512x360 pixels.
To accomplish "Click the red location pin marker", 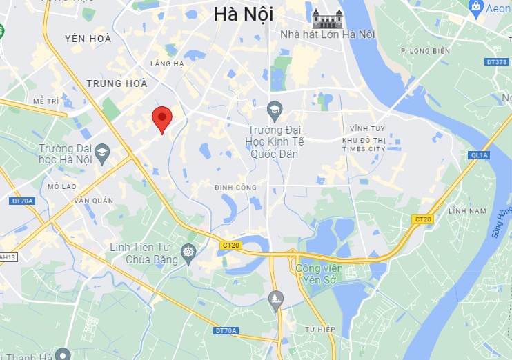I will (x=161, y=119).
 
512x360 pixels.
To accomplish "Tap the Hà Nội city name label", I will (x=243, y=14).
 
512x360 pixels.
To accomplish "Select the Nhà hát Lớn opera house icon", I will (x=324, y=18).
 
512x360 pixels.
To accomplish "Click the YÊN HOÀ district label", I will (x=88, y=39).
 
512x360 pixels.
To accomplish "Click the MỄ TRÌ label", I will (x=46, y=101).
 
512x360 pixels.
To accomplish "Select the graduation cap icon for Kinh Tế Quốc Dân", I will (x=275, y=109).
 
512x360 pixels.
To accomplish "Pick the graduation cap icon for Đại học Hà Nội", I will (x=102, y=152).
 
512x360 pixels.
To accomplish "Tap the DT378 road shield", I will (x=496, y=61).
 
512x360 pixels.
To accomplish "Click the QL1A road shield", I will (x=479, y=155).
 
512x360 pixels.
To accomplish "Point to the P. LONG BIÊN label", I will (x=425, y=51).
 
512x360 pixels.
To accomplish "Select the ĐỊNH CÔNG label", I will (x=235, y=188).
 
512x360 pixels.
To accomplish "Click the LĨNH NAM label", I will (x=467, y=210).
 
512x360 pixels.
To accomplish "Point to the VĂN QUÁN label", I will (x=93, y=201).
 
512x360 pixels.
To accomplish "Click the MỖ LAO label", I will (x=61, y=186).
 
